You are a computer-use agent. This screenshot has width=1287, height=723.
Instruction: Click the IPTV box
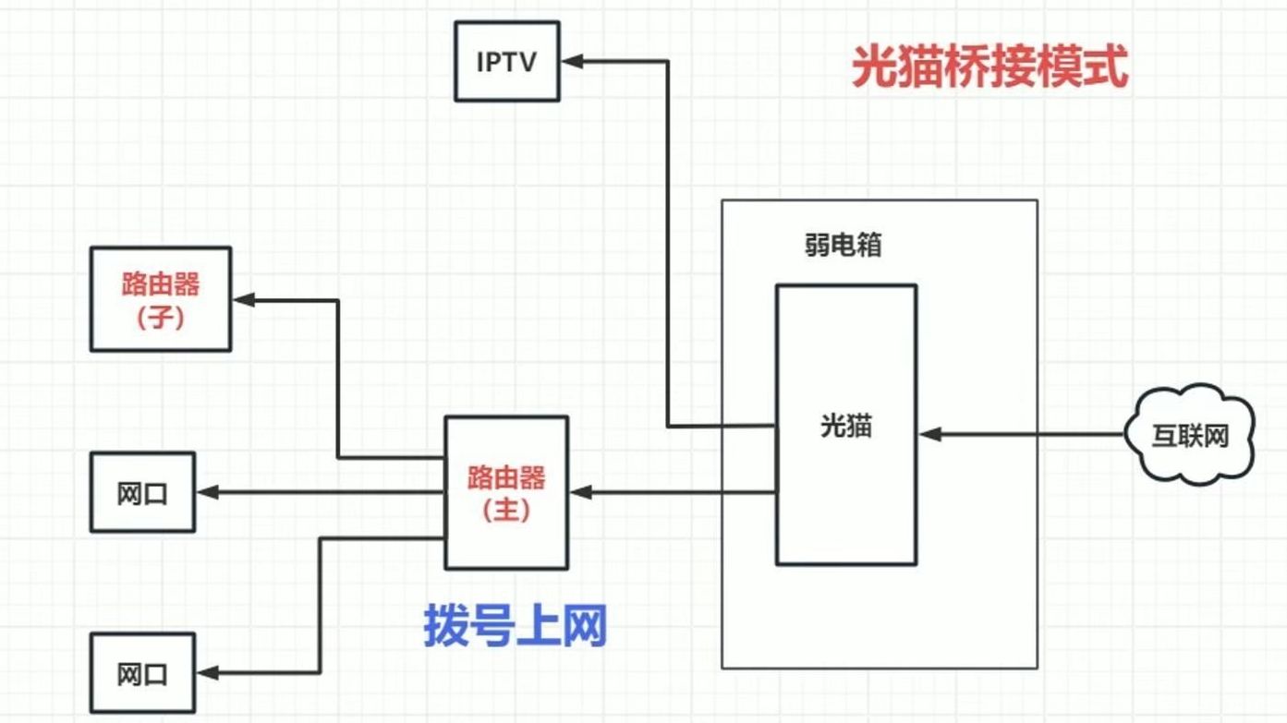[506, 63]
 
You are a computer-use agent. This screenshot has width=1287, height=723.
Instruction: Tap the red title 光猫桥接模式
[989, 68]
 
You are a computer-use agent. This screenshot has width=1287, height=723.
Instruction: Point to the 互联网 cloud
[1189, 434]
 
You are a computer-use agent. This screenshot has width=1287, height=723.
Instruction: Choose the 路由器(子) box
[161, 298]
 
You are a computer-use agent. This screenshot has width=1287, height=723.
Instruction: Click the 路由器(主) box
[506, 492]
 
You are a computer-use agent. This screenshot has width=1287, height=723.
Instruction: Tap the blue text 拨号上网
[515, 626]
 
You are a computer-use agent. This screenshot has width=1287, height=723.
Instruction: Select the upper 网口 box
[142, 492]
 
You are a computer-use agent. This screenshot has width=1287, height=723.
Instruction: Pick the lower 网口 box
[142, 673]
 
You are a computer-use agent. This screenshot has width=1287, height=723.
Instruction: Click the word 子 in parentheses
[161, 317]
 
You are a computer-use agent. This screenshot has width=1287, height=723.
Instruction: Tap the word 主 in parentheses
[506, 510]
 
